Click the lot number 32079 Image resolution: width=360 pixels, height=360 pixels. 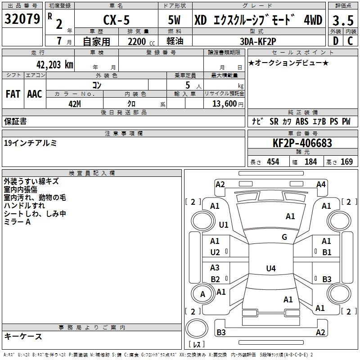tap(22, 18)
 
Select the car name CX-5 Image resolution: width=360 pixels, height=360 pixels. tap(117, 20)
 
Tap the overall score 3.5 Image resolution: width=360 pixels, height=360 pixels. tap(343, 20)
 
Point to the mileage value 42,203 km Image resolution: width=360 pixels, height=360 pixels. tap(54, 65)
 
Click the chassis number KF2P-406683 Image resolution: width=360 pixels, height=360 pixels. tap(302, 143)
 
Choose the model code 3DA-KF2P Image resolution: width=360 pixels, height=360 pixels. tap(258, 41)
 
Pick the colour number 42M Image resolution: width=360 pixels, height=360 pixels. tap(75, 104)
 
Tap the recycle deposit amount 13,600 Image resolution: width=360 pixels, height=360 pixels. tap(224, 104)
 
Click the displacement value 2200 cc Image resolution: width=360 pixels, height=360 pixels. tap(141, 42)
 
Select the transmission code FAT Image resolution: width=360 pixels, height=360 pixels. tap(13, 94)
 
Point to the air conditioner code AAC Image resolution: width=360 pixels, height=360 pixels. tap(35, 94)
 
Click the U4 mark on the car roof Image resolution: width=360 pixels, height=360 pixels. tap(271, 268)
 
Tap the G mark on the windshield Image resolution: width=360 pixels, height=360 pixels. tap(284, 237)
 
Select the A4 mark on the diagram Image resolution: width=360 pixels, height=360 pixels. tap(321, 184)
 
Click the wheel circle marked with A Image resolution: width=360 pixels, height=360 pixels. tap(202, 294)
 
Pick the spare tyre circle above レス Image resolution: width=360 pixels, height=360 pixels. tap(197, 328)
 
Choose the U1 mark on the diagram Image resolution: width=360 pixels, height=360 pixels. tap(224, 225)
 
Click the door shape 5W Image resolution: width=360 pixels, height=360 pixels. tap(174, 20)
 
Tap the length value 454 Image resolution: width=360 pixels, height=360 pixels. tap(273, 162)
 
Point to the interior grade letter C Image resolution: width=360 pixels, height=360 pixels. tap(350, 41)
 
